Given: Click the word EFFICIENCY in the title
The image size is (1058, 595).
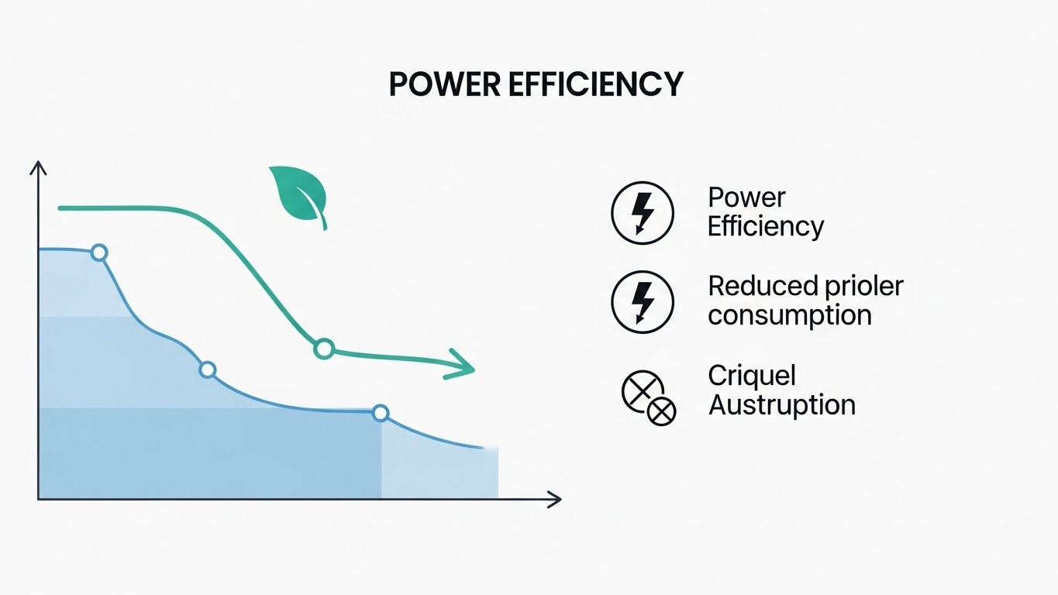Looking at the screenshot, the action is (x=596, y=84).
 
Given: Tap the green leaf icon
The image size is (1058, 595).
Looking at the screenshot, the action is (x=298, y=193).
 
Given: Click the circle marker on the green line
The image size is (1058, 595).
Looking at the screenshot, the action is (x=324, y=349).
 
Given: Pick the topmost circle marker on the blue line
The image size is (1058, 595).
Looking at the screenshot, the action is (x=98, y=253).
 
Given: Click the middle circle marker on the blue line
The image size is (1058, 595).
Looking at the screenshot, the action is (x=207, y=370).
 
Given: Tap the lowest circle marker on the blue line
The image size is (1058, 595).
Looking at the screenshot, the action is (x=380, y=413).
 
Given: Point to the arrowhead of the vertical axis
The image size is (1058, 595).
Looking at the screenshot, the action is (x=38, y=167).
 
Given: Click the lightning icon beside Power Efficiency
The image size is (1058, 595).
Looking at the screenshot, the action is (x=643, y=213).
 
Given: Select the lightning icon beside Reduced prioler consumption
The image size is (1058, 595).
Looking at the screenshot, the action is (x=643, y=301).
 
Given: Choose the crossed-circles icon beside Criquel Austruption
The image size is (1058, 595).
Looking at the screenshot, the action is (x=649, y=398).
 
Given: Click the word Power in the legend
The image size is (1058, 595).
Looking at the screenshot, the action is (x=746, y=198).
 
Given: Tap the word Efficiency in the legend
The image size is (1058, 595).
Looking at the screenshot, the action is (x=766, y=227).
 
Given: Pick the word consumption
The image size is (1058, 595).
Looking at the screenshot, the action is (x=790, y=315).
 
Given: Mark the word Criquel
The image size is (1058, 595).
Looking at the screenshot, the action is (x=752, y=375).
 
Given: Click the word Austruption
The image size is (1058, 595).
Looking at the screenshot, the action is (x=782, y=404).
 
